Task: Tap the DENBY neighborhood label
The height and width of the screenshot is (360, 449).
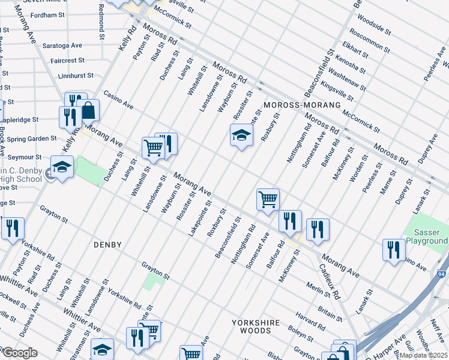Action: [x=107, y=245]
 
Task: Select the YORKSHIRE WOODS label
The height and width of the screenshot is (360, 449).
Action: [x=256, y=328]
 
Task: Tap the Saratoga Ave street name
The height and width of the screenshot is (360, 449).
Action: [x=62, y=46]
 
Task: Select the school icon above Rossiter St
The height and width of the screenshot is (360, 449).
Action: [x=241, y=136]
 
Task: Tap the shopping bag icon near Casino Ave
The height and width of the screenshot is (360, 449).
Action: [x=88, y=110]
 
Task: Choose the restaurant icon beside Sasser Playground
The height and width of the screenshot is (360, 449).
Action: [x=394, y=249]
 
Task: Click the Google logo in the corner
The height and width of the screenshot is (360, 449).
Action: [x=19, y=353]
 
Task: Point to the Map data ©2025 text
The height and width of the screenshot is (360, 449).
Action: [x=424, y=356]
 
